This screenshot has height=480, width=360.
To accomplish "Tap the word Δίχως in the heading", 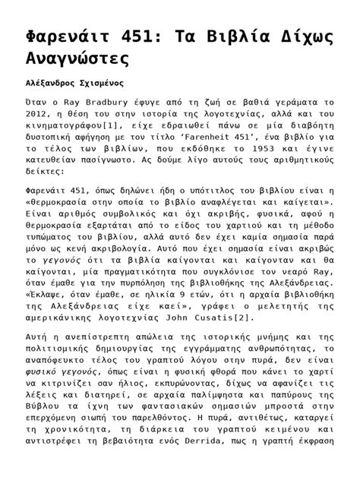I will pyautogui.click(x=293, y=32).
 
